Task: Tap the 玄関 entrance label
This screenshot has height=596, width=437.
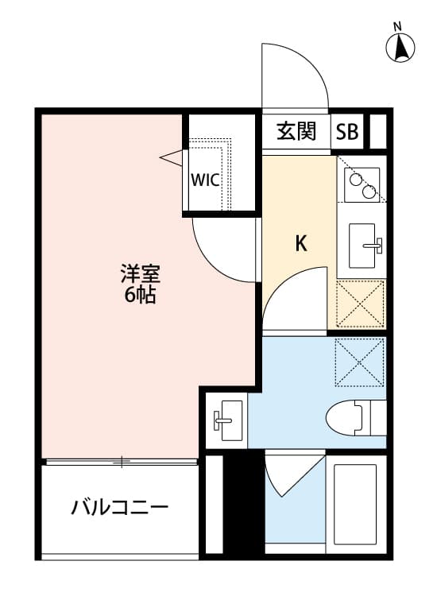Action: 296,132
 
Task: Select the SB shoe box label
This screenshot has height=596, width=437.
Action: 346,132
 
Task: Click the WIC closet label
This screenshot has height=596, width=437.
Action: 204,179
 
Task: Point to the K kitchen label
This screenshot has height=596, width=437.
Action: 301,244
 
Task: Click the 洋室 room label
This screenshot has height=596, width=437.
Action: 141,275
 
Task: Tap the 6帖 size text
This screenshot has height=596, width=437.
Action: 141,296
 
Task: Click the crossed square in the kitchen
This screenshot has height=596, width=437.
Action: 361,304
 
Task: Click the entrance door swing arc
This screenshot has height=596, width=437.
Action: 298,75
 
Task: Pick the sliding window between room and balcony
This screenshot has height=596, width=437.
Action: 121,461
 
